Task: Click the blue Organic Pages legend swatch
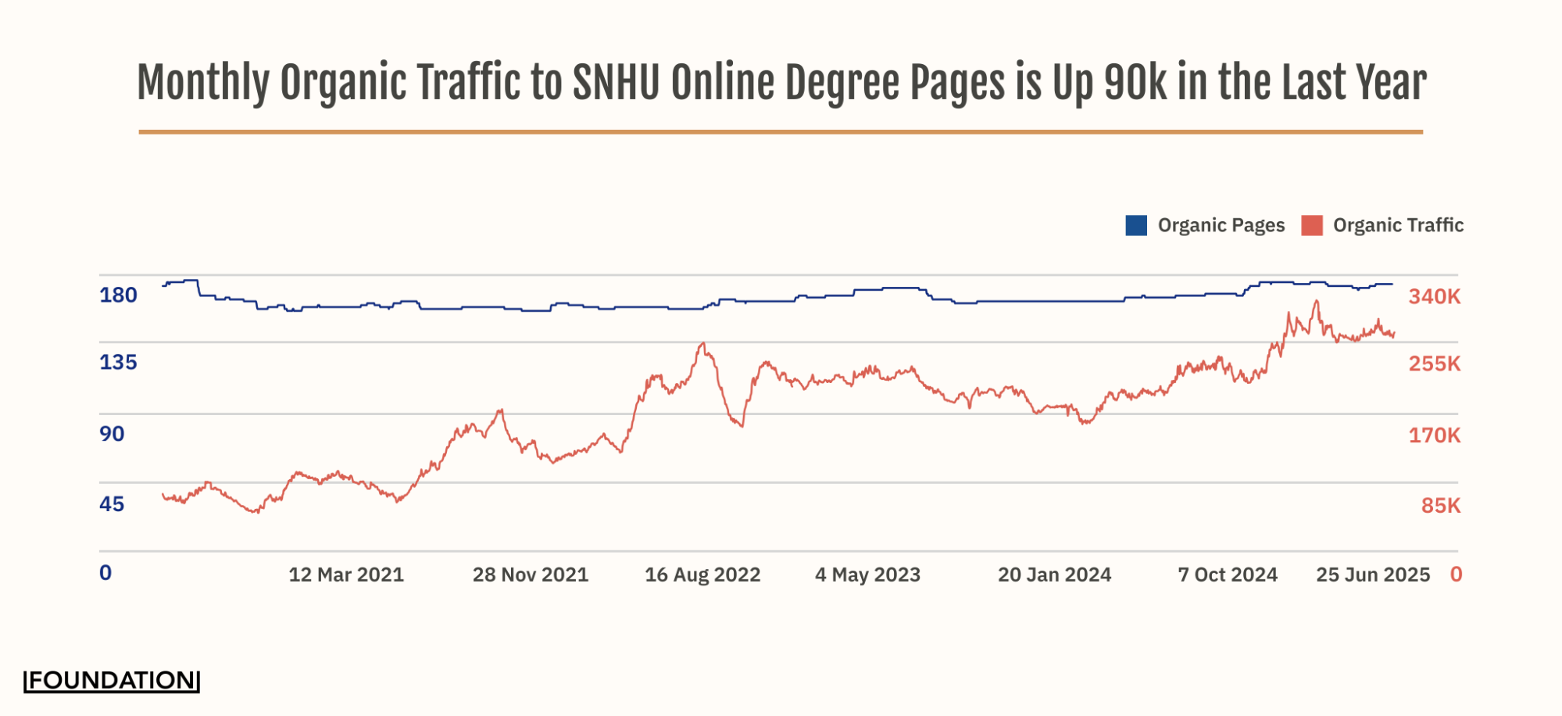1136,225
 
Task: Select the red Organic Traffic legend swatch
1312,225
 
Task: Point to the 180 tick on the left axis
118,295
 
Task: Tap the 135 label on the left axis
118,363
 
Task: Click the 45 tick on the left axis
112,504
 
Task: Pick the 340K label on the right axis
1435,297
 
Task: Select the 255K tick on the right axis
1435,364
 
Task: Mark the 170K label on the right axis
1435,435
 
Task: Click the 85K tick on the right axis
1441,506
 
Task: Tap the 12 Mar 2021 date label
346,575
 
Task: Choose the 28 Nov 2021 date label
531,575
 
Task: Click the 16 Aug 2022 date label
702,575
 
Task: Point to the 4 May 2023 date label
867,575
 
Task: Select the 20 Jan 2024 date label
1054,575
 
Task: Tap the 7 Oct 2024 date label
1228,575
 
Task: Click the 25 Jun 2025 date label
1373,575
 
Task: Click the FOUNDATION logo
112,681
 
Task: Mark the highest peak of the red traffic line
1317,301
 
